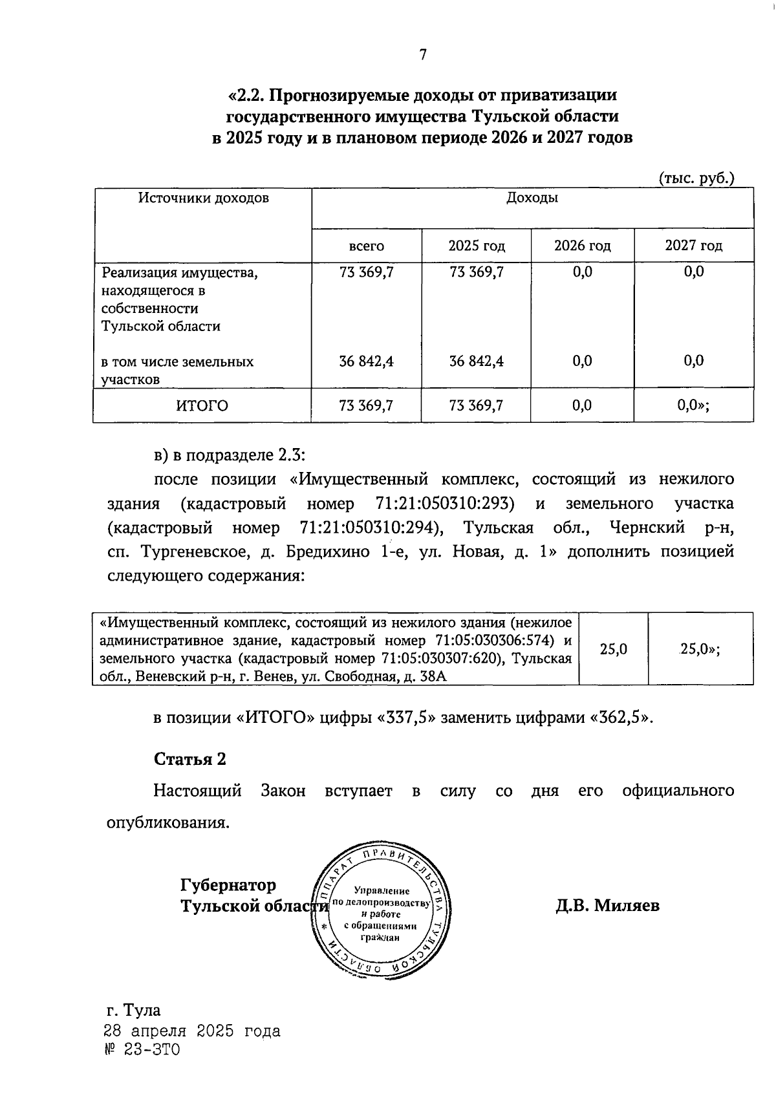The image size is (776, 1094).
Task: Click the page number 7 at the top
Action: pos(423,55)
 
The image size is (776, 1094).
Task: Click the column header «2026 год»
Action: pos(582,246)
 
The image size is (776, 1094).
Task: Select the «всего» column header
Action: pos(366,246)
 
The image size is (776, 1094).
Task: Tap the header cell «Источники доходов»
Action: pos(203,198)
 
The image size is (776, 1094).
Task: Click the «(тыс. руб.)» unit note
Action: pos(696,178)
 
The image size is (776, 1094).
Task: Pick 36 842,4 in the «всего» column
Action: pos(366,361)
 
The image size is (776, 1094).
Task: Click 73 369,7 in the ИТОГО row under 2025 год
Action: pos(476,405)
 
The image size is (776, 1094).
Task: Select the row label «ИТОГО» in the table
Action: pos(202,405)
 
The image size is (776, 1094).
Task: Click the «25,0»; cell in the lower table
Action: pos(700,649)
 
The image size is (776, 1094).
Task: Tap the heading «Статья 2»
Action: pos(189,758)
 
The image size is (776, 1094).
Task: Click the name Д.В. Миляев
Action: pos(607,905)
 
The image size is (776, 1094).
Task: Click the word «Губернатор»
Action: pos(228,884)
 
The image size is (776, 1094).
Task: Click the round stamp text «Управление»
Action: pos(382,890)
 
